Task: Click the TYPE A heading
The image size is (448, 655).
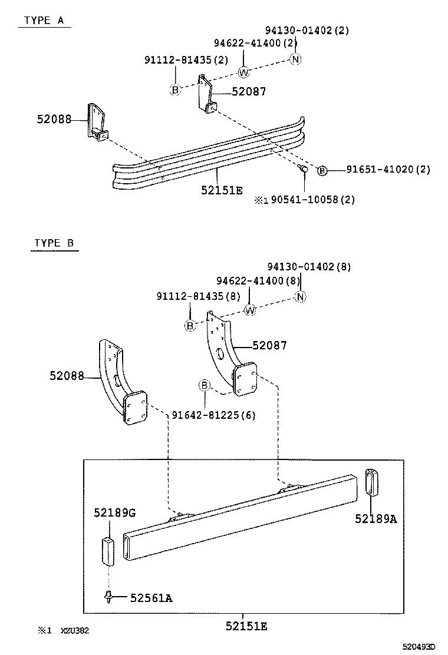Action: (x=44, y=20)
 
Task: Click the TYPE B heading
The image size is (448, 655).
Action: (x=54, y=243)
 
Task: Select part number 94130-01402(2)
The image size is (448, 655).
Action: (x=307, y=31)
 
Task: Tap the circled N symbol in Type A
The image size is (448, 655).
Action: (x=296, y=59)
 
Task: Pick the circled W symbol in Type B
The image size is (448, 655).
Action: (x=250, y=310)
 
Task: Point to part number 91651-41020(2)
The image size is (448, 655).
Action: (x=388, y=170)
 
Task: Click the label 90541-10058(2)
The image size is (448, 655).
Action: (x=312, y=200)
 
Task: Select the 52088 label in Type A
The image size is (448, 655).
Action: (x=54, y=119)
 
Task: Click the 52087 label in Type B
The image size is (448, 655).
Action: (x=269, y=345)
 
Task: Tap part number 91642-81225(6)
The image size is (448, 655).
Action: (x=213, y=415)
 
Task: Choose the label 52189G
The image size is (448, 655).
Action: (x=114, y=513)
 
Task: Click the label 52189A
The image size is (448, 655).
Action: (x=376, y=518)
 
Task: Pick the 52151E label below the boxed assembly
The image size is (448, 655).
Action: (x=246, y=627)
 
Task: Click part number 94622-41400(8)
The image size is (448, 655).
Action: (x=258, y=281)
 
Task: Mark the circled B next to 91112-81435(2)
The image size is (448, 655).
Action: (x=175, y=90)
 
